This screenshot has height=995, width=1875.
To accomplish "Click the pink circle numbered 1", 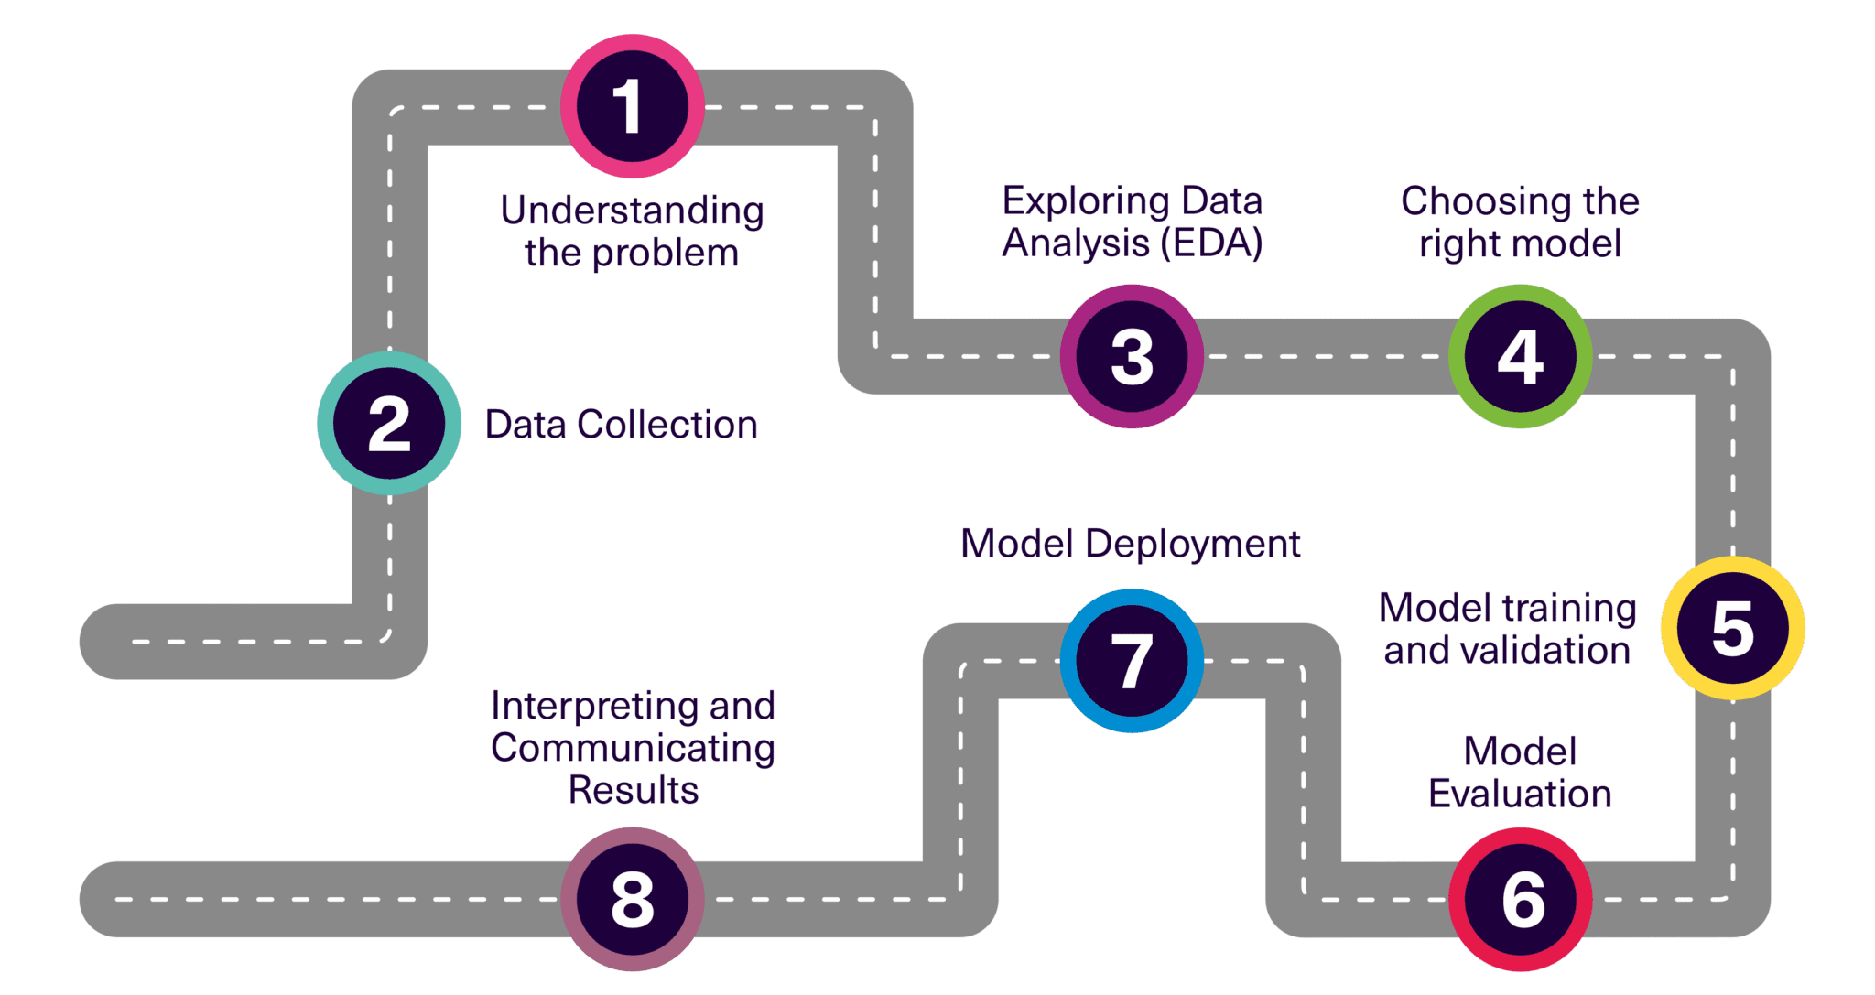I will (x=632, y=107).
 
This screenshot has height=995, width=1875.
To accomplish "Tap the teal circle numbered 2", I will (x=389, y=424).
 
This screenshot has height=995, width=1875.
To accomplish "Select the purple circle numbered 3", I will (x=1132, y=356).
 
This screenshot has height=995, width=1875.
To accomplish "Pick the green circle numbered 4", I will (x=1520, y=356).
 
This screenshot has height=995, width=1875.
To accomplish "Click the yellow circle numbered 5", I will (x=1732, y=629).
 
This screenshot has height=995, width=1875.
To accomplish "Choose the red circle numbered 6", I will (x=1520, y=899).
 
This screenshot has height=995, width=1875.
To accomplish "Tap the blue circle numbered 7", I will (x=1132, y=661).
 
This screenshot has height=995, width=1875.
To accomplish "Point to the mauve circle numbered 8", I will (x=632, y=899).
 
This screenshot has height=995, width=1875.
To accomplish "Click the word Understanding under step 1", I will (x=632, y=211).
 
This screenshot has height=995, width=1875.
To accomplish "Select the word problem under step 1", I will (x=665, y=254).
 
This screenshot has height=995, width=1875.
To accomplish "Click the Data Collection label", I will (x=622, y=425).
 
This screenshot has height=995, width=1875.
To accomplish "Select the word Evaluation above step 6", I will (x=1520, y=794).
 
